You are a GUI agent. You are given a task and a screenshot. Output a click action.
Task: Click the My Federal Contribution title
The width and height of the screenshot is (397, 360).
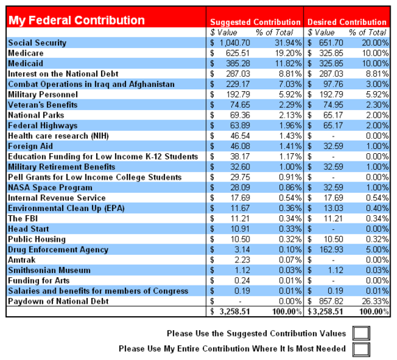(77, 20)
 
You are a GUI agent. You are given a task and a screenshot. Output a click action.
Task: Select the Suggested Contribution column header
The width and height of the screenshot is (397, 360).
(255, 22)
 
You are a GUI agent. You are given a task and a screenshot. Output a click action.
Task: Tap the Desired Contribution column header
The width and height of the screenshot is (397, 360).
(347, 22)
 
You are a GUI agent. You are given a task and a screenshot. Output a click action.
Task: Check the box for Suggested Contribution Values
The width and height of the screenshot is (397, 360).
(361, 333)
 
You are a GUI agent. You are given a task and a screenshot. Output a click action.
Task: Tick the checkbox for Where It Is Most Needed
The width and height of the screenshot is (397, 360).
(361, 350)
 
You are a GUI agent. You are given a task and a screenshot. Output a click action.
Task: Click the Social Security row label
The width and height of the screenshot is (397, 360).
(37, 42)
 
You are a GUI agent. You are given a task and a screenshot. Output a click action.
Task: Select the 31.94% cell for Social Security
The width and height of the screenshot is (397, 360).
(288, 42)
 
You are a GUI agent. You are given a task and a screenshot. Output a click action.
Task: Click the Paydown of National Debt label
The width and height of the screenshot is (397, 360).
(59, 302)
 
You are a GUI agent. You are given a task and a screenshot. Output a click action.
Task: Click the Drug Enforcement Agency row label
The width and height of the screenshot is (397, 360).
(59, 249)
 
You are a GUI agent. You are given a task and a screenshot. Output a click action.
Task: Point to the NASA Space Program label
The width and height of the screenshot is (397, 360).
(50, 187)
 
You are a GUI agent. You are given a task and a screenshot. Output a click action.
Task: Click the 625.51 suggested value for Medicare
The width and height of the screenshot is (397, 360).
(238, 53)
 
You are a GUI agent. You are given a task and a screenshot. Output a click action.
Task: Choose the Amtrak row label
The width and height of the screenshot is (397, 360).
(22, 260)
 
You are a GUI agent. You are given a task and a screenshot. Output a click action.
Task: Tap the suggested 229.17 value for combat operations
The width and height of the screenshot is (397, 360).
(238, 84)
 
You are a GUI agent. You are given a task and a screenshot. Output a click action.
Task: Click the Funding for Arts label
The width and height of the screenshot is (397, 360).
(39, 281)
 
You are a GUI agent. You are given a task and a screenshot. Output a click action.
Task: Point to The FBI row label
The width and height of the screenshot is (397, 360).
(23, 219)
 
